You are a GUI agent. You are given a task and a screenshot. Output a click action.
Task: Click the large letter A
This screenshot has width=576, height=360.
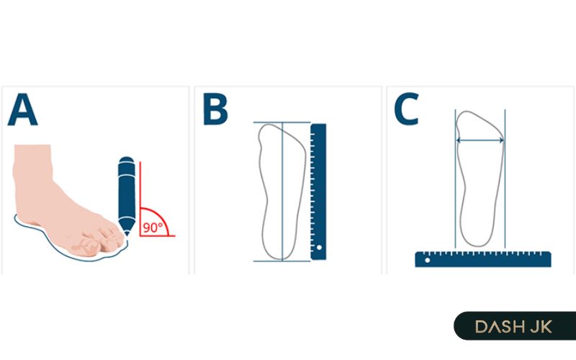point(22,109)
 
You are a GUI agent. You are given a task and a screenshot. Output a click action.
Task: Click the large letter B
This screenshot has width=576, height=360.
point(215,109)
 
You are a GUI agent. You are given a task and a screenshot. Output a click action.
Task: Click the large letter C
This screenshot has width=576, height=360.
point(406,109)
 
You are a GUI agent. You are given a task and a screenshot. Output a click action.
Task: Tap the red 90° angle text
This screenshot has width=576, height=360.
point(153,228)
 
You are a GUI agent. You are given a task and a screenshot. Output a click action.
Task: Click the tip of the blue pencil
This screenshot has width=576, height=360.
point(127,235)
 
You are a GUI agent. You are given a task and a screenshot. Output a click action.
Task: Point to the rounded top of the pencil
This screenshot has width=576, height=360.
point(127,160)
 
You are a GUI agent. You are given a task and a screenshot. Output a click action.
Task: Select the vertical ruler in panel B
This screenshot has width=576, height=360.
point(318,192)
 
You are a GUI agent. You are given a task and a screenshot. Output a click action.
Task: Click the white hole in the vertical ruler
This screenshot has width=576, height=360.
point(319,248)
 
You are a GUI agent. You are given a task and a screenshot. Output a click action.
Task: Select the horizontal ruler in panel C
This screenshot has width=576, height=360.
point(483,259)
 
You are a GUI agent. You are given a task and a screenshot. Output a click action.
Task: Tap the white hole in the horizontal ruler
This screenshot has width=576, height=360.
point(427,260)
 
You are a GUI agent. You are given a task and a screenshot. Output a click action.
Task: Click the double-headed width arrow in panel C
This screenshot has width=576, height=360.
point(480,140)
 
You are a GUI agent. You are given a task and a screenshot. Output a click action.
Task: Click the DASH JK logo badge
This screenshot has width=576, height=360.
point(515,326)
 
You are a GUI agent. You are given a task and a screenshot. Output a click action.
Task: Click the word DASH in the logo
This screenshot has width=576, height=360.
point(500,327)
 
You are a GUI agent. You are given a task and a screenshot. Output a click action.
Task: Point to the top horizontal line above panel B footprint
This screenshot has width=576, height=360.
point(282,122)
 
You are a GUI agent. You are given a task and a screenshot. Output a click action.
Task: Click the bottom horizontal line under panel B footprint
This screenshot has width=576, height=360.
point(282,261)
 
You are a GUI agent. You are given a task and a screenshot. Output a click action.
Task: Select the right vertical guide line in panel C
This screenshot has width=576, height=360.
point(505,179)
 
